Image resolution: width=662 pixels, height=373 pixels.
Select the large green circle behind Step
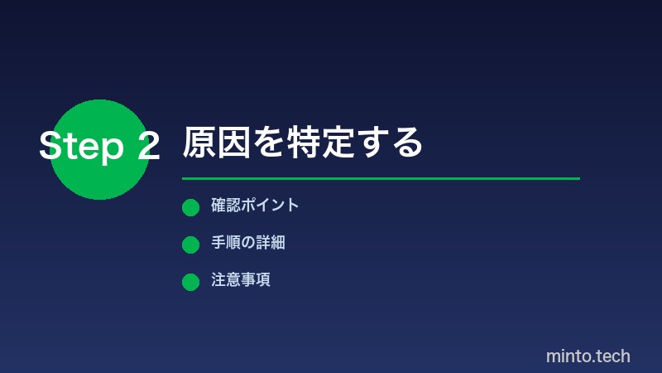tap(99, 178)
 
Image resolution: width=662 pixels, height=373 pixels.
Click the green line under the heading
tap(381, 178)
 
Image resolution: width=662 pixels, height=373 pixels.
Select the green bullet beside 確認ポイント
tap(190, 207)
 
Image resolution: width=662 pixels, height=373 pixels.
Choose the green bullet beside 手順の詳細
tap(190, 245)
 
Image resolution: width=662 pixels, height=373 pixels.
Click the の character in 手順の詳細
tap(247, 243)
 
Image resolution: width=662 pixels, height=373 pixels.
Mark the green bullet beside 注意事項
tap(190, 282)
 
